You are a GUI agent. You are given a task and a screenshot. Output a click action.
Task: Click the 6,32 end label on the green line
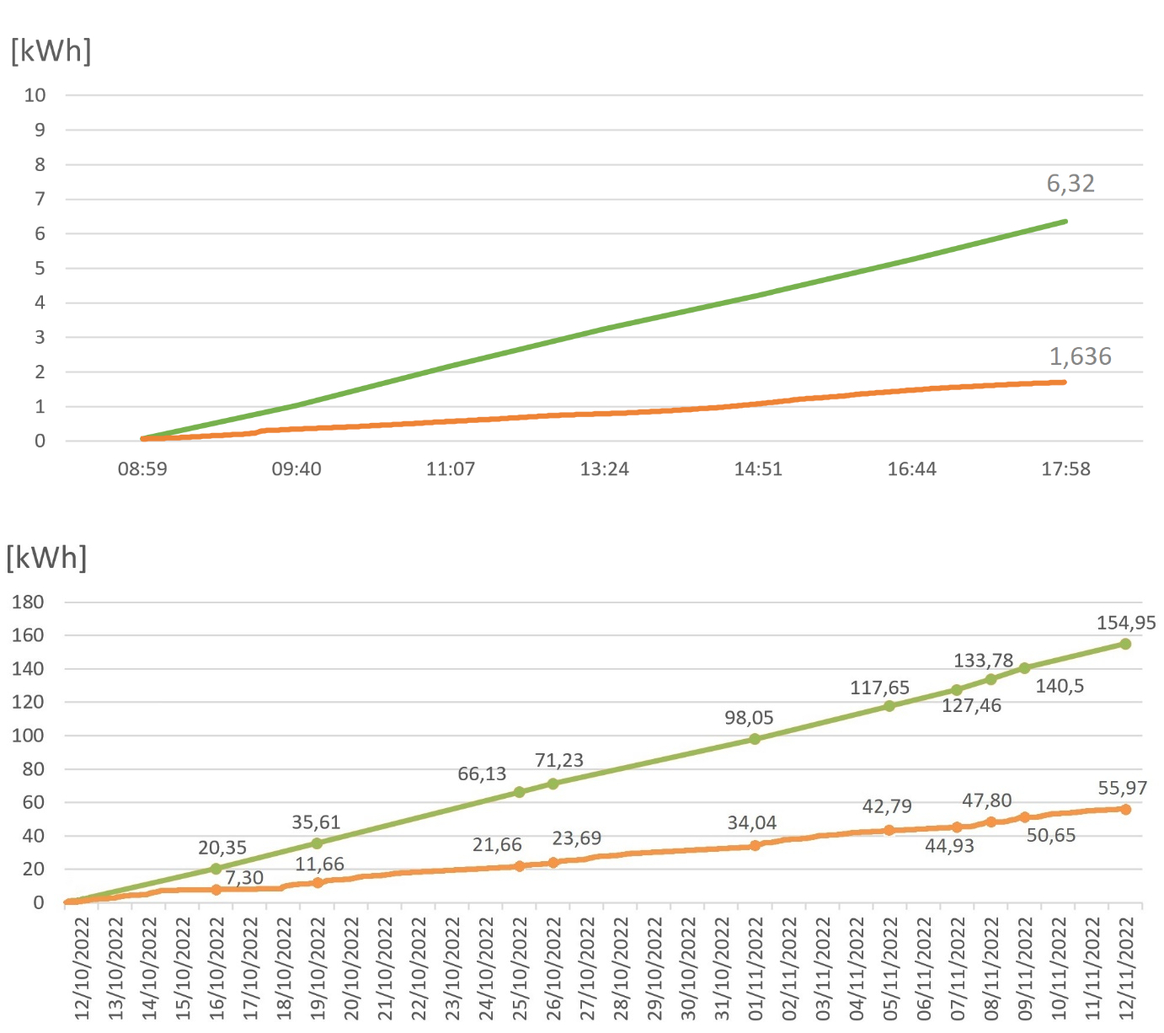click(x=1071, y=184)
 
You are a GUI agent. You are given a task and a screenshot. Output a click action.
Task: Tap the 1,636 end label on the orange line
click(x=1080, y=357)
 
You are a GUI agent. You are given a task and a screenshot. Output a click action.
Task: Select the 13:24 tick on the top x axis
click(x=604, y=469)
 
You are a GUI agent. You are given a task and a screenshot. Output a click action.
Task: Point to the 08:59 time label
click(x=142, y=469)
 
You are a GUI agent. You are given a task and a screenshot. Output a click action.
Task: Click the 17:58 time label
click(x=1065, y=469)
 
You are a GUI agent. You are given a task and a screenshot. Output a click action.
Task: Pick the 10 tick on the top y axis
click(x=35, y=95)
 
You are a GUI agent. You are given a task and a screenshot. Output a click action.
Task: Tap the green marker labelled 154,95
click(x=1125, y=644)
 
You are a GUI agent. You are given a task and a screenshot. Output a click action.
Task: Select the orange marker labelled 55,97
click(x=1125, y=809)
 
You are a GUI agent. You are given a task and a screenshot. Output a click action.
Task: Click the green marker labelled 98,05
click(x=755, y=739)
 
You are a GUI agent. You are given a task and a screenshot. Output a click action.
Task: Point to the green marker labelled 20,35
click(x=216, y=869)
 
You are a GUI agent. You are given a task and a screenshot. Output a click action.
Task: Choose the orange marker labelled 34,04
click(x=755, y=845)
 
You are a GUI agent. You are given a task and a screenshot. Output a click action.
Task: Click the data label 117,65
click(x=879, y=688)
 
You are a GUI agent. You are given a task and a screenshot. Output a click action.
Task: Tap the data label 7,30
click(x=244, y=878)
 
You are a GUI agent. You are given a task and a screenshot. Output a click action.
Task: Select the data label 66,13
click(x=482, y=774)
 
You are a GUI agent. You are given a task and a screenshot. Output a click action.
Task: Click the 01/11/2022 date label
click(x=756, y=969)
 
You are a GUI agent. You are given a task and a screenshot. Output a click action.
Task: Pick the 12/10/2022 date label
click(x=82, y=969)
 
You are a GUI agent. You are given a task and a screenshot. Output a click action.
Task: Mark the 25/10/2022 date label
click(x=520, y=969)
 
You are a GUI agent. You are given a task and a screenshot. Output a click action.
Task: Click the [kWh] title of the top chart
click(x=51, y=51)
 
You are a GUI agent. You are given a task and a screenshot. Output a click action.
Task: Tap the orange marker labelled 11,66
click(x=318, y=883)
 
